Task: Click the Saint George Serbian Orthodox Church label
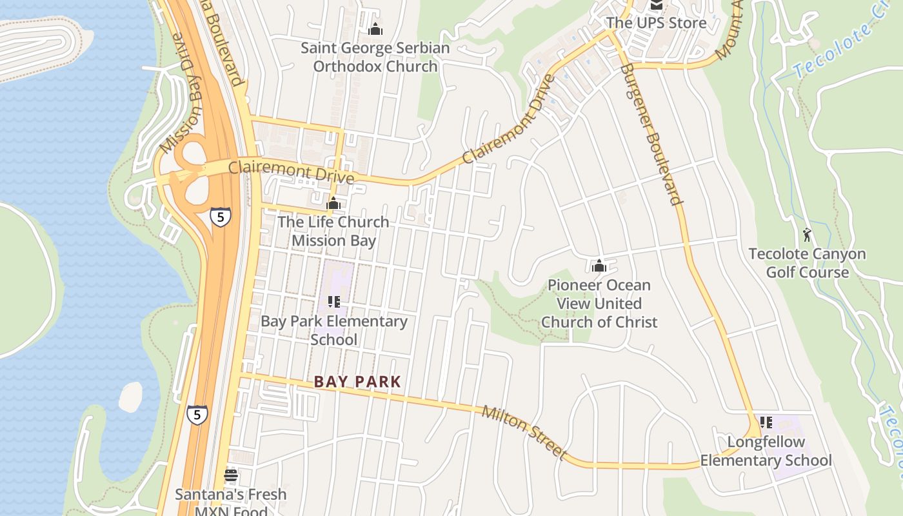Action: pyautogui.click(x=375, y=57)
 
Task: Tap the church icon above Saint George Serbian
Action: pyautogui.click(x=375, y=29)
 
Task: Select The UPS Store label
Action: pyautogui.click(x=656, y=23)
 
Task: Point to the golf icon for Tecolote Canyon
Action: pyautogui.click(x=807, y=235)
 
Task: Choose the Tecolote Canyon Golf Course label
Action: pyautogui.click(x=807, y=263)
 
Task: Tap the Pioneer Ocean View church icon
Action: pyautogui.click(x=599, y=266)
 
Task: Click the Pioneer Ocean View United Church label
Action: pyautogui.click(x=599, y=303)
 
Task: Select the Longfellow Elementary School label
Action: pyautogui.click(x=766, y=451)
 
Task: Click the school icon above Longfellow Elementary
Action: pyautogui.click(x=766, y=422)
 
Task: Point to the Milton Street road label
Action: pyautogui.click(x=524, y=433)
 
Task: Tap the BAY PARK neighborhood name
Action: pyautogui.click(x=357, y=382)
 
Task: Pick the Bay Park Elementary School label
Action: pyautogui.click(x=333, y=330)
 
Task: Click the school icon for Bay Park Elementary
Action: pyautogui.click(x=333, y=301)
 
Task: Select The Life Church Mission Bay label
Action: pyautogui.click(x=333, y=231)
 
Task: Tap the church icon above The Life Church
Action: pyautogui.click(x=333, y=203)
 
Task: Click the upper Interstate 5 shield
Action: pyautogui.click(x=221, y=217)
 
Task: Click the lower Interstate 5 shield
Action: pyautogui.click(x=197, y=414)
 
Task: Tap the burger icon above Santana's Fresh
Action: pyautogui.click(x=231, y=476)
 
